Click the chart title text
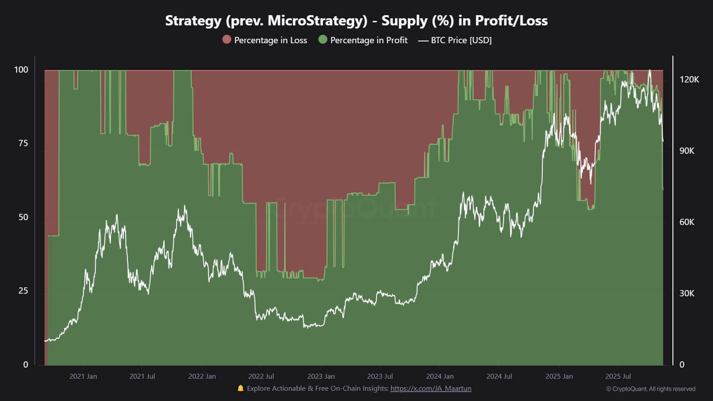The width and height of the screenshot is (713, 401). (356, 20)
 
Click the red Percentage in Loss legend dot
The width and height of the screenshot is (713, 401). (227, 40)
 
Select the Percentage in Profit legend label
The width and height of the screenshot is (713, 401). (369, 40)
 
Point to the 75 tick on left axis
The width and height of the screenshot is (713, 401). (23, 143)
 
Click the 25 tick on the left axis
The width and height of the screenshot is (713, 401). (23, 291)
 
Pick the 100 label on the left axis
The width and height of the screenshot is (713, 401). (21, 70)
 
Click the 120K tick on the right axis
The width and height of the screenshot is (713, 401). (689, 79)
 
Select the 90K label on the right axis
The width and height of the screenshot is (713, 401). (687, 151)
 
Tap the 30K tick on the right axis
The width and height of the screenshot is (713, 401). (687, 293)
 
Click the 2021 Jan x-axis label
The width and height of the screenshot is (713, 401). (83, 376)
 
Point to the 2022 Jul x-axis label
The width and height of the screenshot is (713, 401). (261, 376)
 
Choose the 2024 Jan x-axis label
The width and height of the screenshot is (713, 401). (440, 376)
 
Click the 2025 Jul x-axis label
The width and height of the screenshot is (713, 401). (618, 376)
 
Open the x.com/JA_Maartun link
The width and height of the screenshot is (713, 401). (430, 389)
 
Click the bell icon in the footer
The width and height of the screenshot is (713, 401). (241, 389)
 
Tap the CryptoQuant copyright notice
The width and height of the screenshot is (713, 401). (651, 389)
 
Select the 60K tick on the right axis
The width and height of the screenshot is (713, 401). (687, 222)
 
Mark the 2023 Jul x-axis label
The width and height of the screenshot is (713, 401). (380, 376)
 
